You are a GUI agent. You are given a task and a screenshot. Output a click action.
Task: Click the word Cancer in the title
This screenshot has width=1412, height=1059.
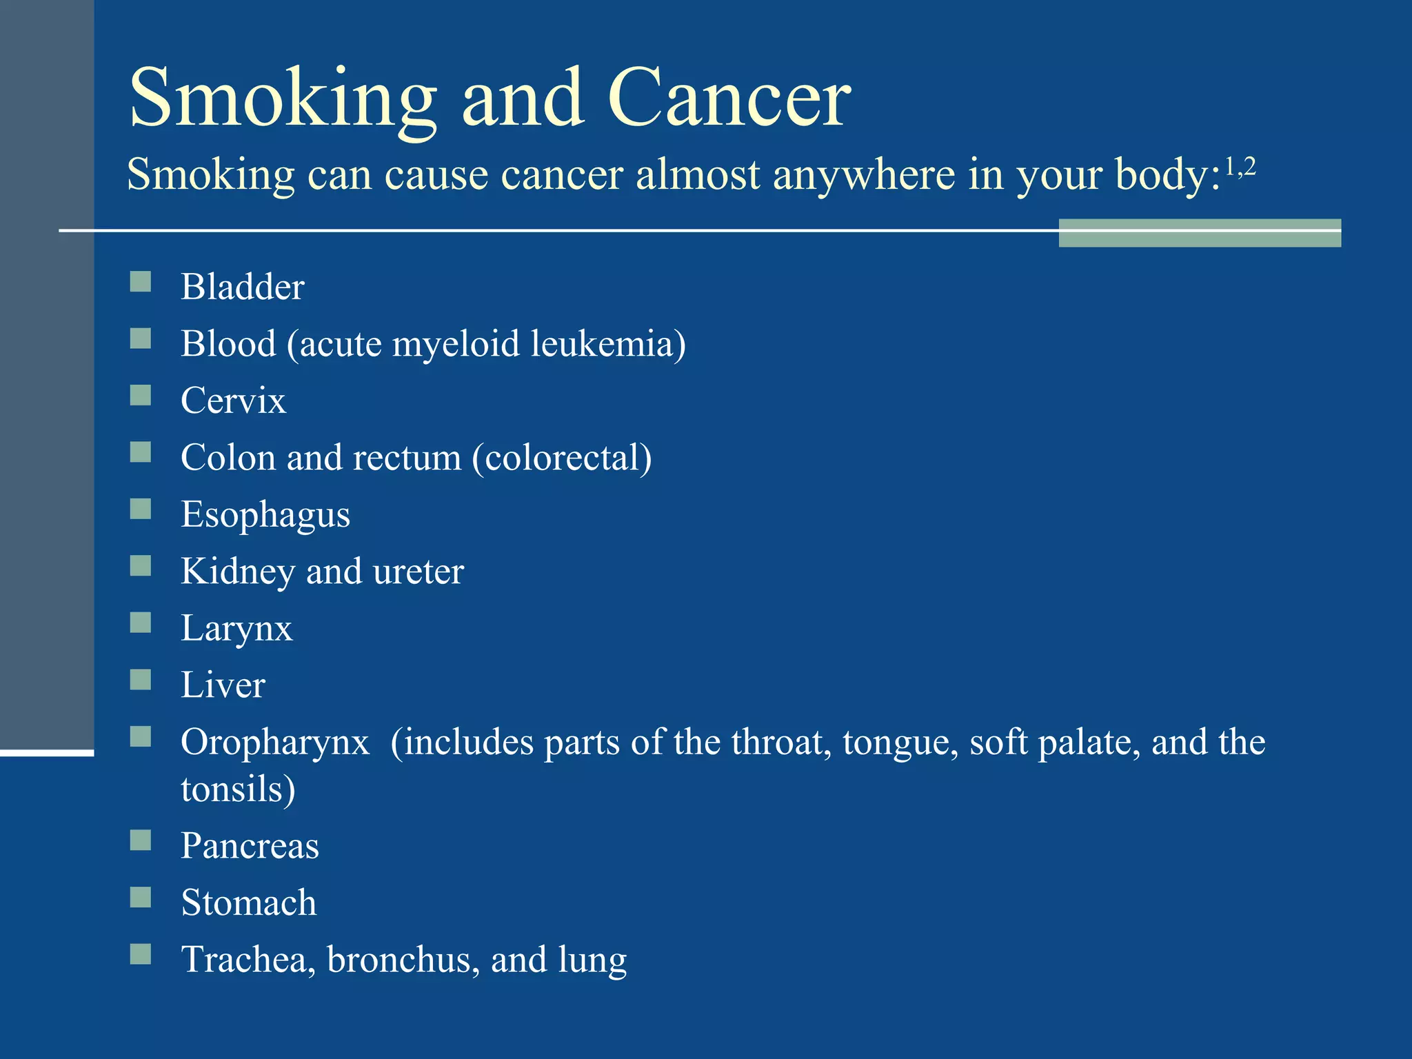click(729, 98)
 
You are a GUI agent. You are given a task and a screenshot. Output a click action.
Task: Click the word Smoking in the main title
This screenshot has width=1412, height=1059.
click(283, 98)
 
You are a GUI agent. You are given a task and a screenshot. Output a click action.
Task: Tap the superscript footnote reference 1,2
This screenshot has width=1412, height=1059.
click(1240, 168)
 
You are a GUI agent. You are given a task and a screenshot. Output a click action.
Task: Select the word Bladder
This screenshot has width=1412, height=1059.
click(242, 287)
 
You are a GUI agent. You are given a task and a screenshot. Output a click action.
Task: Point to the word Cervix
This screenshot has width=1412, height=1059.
click(233, 401)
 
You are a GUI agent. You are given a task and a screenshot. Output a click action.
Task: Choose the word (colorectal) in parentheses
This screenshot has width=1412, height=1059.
click(562, 458)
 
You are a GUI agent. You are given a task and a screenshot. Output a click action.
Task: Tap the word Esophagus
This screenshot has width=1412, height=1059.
click(265, 515)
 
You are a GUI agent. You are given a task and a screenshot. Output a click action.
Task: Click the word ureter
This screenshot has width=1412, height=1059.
click(418, 572)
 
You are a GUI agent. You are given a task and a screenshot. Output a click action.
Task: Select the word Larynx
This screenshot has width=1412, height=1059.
click(236, 629)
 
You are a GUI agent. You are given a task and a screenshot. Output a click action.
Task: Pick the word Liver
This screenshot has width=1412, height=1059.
click(223, 685)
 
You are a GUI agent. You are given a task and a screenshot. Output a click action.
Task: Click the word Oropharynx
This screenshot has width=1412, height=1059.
click(275, 743)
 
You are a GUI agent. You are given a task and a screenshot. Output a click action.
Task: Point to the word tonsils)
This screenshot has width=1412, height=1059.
click(238, 789)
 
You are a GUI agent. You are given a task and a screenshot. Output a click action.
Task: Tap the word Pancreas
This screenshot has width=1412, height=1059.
click(250, 846)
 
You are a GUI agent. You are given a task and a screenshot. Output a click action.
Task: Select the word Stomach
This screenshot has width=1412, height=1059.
click(248, 902)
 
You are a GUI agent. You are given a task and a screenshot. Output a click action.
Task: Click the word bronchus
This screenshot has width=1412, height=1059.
click(403, 960)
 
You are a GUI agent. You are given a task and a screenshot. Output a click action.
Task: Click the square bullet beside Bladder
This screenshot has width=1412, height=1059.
click(141, 281)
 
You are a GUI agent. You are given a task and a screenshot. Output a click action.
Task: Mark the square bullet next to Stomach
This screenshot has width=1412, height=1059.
click(141, 897)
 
